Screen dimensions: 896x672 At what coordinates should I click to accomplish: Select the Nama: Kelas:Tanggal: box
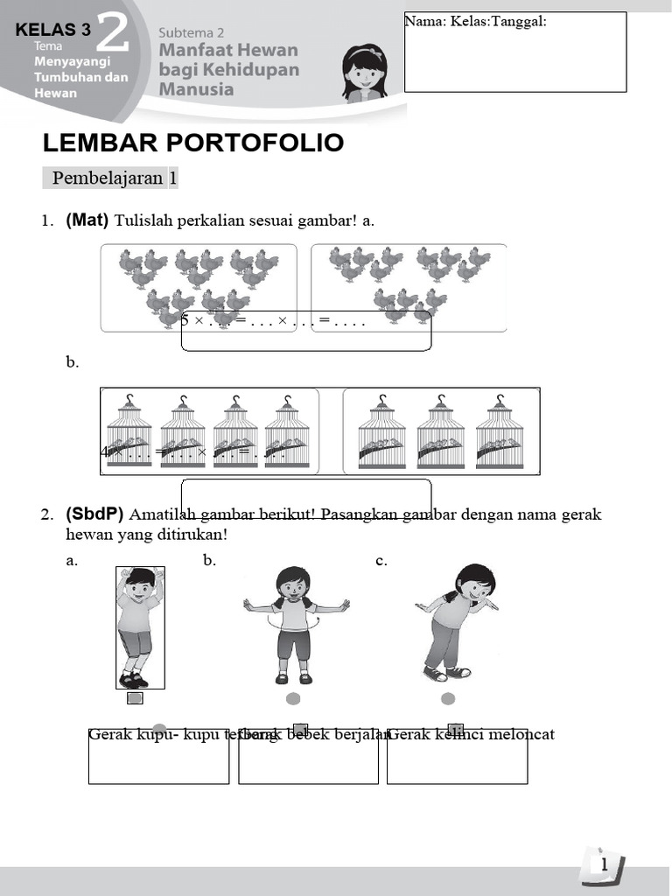(515, 52)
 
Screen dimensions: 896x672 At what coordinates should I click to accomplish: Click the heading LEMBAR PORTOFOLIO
(193, 143)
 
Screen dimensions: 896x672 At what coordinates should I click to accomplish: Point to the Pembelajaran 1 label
(115, 178)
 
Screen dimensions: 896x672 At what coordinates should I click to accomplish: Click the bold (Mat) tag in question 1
(87, 220)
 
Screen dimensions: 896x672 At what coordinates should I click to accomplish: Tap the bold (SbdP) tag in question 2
(94, 514)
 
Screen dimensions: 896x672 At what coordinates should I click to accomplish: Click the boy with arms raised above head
(139, 626)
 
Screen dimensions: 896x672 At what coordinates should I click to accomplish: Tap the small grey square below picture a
(135, 698)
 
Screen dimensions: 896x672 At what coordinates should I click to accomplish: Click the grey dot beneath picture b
(293, 698)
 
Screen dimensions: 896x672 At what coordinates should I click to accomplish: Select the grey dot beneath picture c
(448, 698)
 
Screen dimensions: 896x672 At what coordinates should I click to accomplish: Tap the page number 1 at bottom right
(604, 864)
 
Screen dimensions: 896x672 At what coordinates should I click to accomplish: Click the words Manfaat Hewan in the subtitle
(228, 51)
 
